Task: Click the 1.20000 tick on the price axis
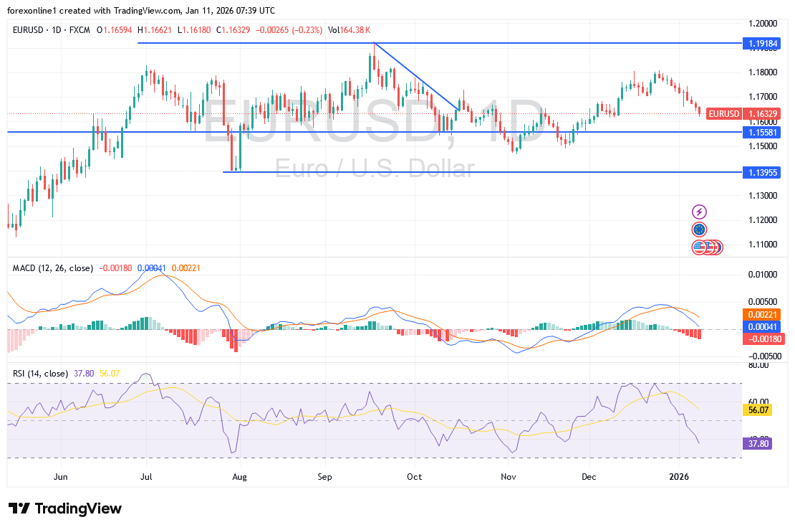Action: click(763, 23)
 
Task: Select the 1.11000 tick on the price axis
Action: click(763, 245)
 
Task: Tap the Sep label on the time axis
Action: click(325, 476)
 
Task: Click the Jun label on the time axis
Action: click(61, 476)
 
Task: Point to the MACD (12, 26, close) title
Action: click(53, 268)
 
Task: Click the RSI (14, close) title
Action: click(40, 374)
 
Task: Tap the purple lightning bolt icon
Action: click(700, 212)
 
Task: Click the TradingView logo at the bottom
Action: click(66, 508)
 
